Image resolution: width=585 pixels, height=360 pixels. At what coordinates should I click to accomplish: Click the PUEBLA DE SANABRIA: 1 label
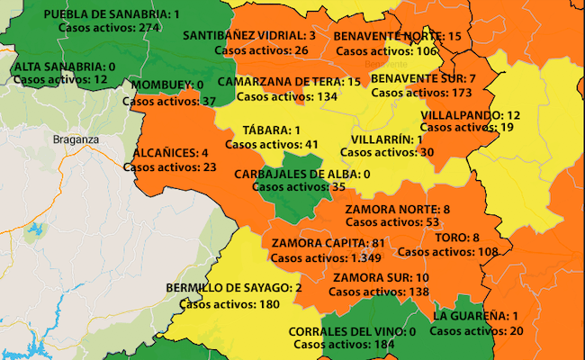112,14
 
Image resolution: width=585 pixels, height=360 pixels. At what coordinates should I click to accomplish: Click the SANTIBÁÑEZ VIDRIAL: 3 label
249,35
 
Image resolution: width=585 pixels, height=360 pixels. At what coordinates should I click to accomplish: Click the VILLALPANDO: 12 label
471,114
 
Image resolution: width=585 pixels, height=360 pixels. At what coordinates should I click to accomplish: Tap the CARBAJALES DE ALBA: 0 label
301,174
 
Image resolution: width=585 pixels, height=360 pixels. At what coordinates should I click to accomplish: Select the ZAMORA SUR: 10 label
381,278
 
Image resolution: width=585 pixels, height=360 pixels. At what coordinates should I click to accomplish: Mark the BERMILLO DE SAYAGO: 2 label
233,288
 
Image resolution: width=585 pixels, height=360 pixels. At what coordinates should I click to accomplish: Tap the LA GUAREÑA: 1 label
476,316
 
